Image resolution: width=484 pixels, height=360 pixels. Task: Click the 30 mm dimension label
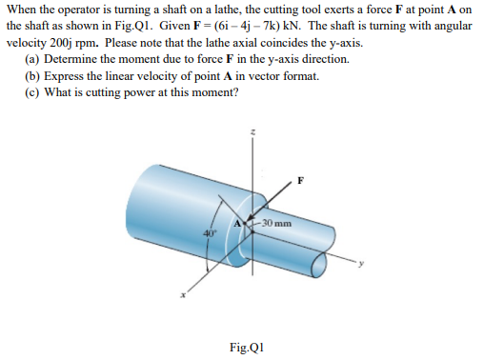(275, 224)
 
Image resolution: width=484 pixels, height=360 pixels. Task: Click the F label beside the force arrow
(301, 180)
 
